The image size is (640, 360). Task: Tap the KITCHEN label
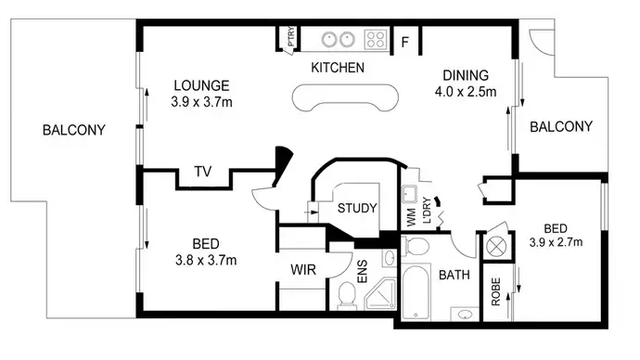(337, 69)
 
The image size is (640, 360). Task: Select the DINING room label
(464, 76)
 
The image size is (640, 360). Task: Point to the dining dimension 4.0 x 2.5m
(465, 92)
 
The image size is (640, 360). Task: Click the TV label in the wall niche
(201, 171)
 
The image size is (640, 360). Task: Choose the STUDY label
(357, 208)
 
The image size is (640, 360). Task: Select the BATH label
(454, 275)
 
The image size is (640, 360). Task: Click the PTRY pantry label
(291, 37)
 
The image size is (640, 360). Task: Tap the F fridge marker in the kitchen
(405, 40)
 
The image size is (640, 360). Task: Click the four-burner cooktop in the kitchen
(375, 39)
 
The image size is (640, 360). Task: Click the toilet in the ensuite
(346, 295)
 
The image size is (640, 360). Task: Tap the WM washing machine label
(410, 217)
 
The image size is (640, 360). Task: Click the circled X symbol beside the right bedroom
(497, 247)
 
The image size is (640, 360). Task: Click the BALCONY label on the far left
(74, 130)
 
